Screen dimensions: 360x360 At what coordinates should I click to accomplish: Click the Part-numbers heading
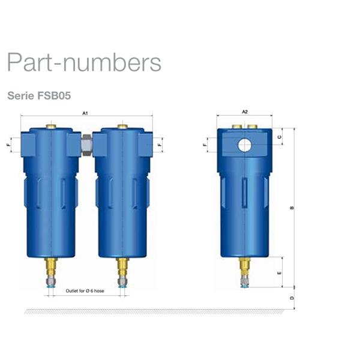(84, 62)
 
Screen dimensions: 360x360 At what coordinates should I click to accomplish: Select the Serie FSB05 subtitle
(39, 95)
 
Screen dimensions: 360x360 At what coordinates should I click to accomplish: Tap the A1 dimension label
(85, 113)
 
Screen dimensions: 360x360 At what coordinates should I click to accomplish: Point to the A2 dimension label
(245, 112)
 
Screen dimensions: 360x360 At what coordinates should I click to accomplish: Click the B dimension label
(292, 208)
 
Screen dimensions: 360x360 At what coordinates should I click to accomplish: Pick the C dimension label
(280, 137)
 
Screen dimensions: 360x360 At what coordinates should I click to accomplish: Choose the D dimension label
(292, 298)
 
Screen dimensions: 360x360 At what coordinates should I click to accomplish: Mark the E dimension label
(280, 273)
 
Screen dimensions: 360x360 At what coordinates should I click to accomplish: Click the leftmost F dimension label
(8, 145)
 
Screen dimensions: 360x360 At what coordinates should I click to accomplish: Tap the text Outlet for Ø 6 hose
(85, 291)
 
